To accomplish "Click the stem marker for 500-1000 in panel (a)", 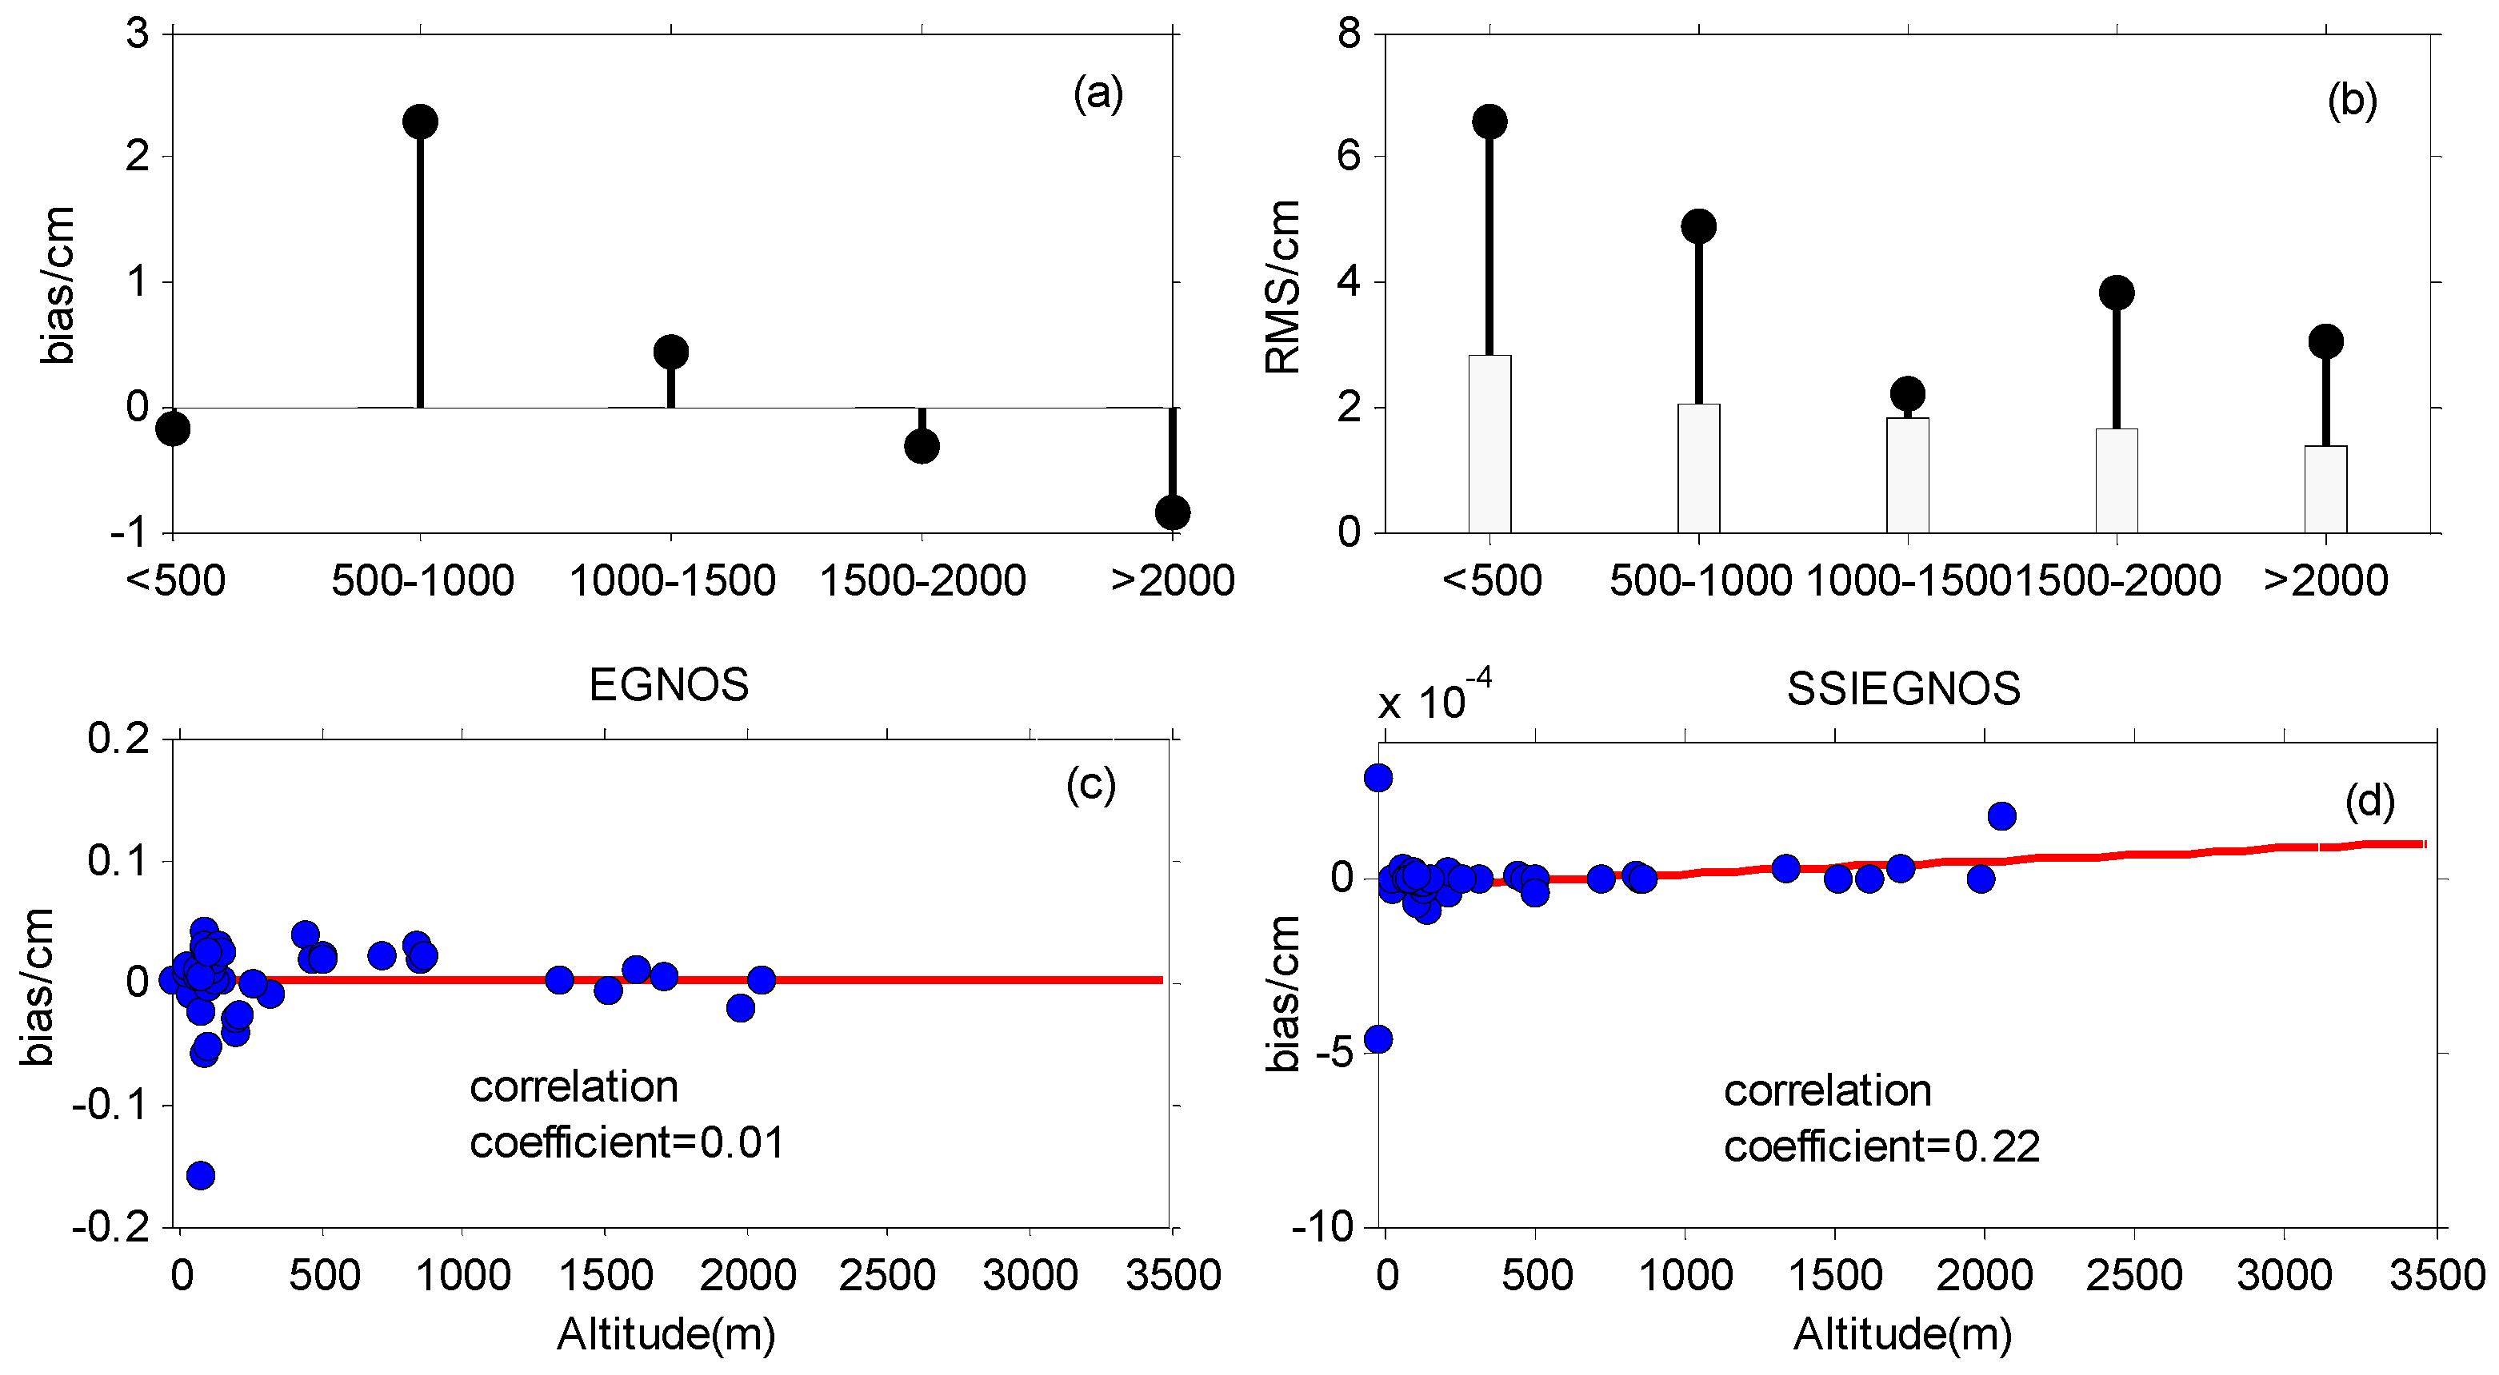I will pyautogui.click(x=419, y=122).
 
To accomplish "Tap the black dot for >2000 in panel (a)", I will pyautogui.click(x=1172, y=512).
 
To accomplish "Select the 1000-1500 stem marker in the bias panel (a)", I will pyautogui.click(x=670, y=351).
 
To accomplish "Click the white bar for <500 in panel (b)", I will pyautogui.click(x=1489, y=444).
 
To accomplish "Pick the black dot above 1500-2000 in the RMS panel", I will pyautogui.click(x=2116, y=292).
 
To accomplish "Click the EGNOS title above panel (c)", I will pyautogui.click(x=669, y=686).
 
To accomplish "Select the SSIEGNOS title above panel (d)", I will pyautogui.click(x=1903, y=689).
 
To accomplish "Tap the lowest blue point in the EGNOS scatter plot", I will pyautogui.click(x=201, y=1175).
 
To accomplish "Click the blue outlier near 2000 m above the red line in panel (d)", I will pyautogui.click(x=2001, y=815).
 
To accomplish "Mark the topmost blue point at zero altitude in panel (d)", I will pyautogui.click(x=1378, y=777).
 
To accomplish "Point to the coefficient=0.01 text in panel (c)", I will pyautogui.click(x=626, y=1143).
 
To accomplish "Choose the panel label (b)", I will pyautogui.click(x=2352, y=101).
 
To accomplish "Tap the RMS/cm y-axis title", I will pyautogui.click(x=1282, y=287).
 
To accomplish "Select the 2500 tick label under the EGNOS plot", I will pyautogui.click(x=886, y=1275).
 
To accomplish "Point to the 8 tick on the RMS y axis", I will pyautogui.click(x=1349, y=35).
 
